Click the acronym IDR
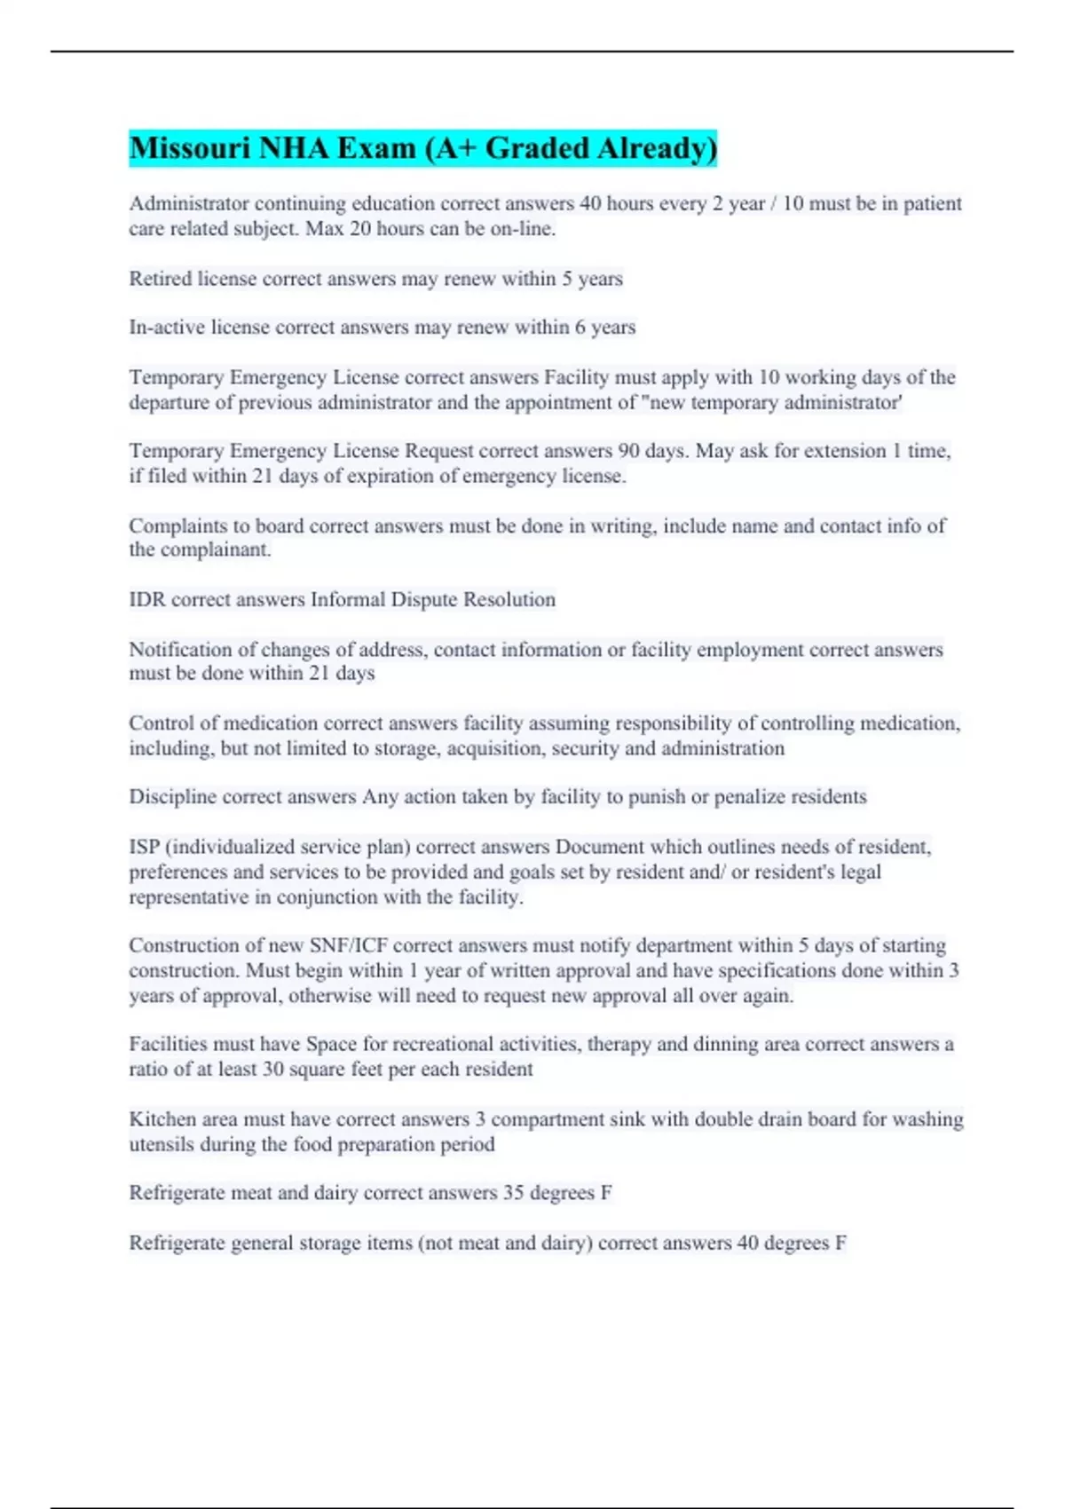coord(147,600)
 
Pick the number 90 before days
coord(628,451)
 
